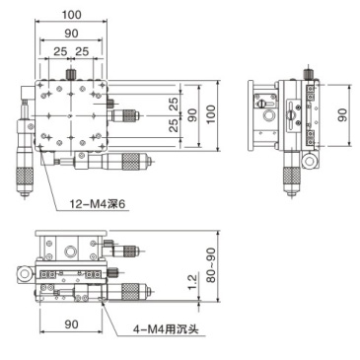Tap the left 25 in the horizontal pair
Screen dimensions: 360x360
(61, 50)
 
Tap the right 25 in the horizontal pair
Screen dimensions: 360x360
(83, 50)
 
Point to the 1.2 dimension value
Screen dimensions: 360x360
(190, 284)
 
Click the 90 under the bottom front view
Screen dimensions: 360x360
(72, 323)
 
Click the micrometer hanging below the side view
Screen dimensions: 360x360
(291, 176)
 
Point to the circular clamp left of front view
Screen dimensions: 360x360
(20, 272)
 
